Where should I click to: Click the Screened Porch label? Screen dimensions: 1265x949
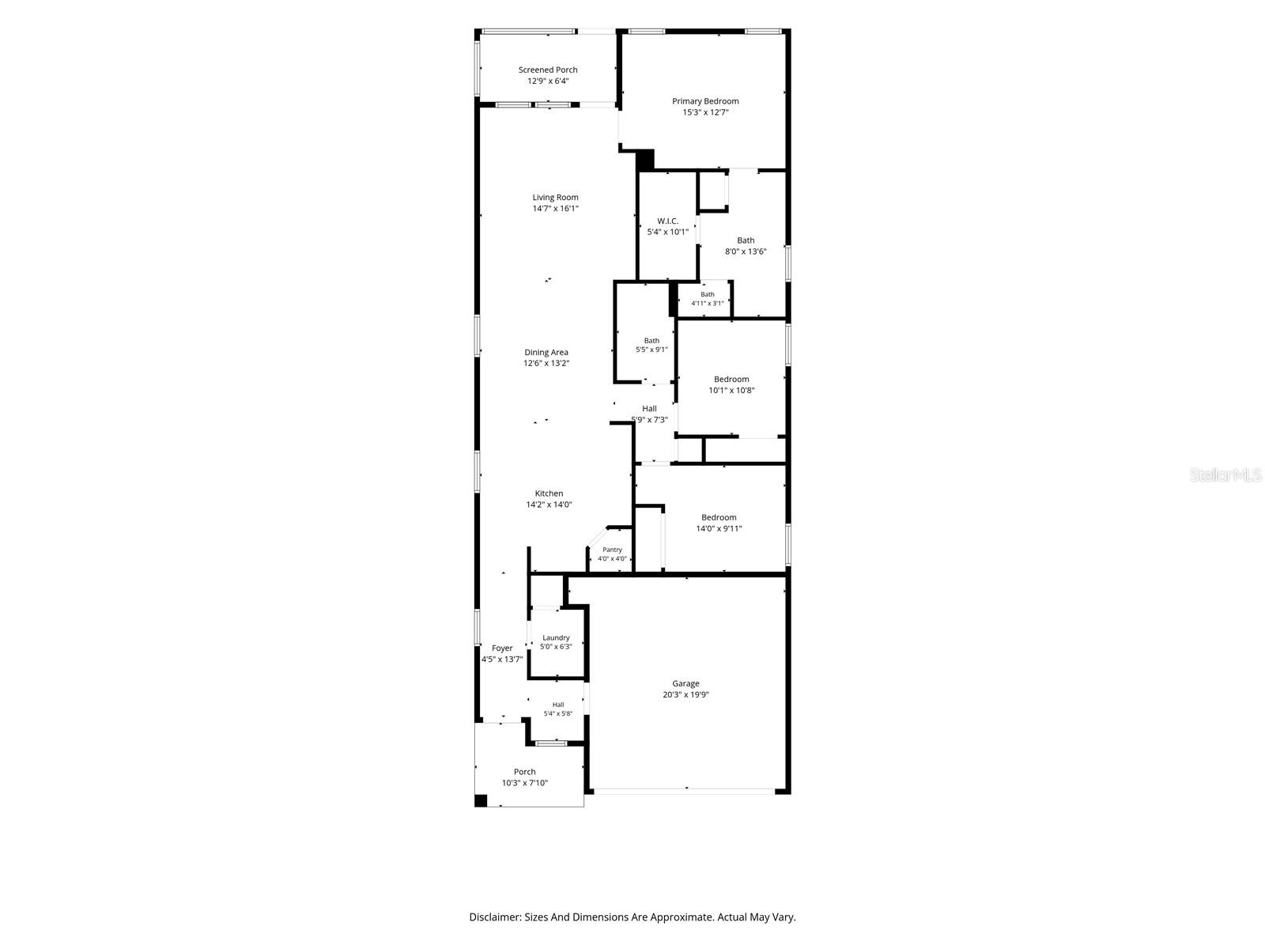pos(547,70)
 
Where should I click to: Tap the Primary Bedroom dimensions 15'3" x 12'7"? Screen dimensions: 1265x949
pos(705,112)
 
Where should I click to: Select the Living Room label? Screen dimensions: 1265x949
pos(555,197)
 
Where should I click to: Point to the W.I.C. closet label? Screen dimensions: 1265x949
pos(667,221)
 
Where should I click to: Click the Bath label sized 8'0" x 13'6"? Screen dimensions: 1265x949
pos(746,240)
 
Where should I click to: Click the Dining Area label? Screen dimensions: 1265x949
pos(546,352)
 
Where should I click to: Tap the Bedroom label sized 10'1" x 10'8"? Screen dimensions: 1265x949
pos(731,379)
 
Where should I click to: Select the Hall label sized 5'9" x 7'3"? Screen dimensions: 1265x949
pos(650,409)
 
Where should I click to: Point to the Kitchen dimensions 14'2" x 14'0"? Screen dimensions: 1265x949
pos(549,505)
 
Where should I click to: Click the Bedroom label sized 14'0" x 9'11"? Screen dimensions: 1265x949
pos(719,517)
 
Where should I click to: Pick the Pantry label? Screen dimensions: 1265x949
pos(612,550)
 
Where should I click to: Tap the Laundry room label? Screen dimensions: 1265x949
pos(556,638)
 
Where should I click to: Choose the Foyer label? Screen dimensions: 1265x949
pos(502,648)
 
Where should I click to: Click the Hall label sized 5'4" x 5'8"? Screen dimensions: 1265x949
pos(558,705)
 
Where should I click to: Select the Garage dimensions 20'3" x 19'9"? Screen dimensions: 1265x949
pos(685,695)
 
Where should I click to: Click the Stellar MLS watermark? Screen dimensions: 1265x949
pos(1225,475)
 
